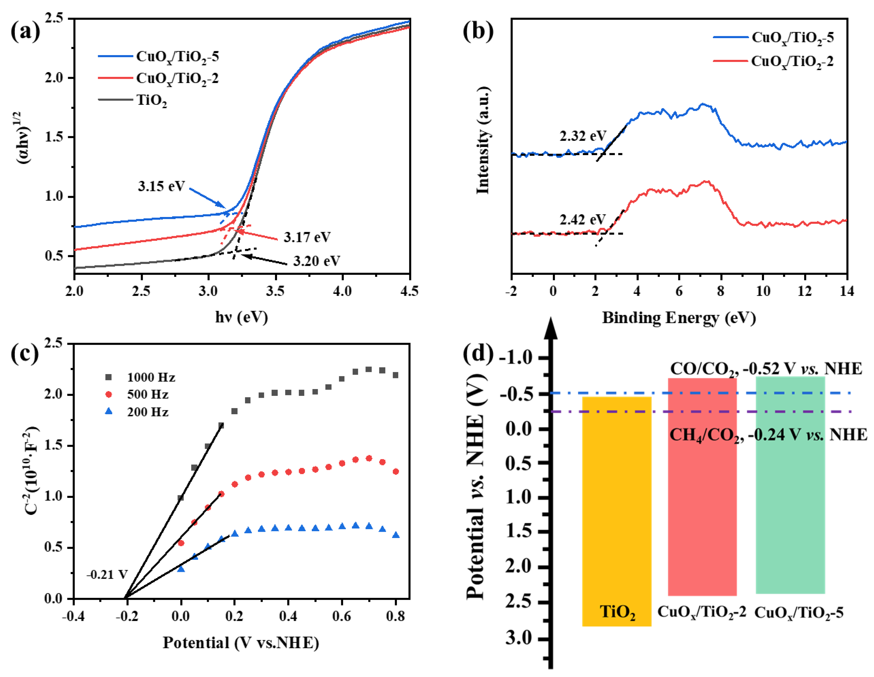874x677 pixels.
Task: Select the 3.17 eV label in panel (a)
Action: click(307, 237)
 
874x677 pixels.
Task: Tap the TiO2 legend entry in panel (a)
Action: click(151, 100)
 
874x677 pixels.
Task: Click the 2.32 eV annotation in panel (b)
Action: click(583, 136)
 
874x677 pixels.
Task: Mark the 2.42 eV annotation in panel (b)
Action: click(583, 220)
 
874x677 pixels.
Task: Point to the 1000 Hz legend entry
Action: click(150, 377)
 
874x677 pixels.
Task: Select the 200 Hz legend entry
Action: click(147, 412)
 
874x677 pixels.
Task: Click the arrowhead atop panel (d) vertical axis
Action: click(551, 328)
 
